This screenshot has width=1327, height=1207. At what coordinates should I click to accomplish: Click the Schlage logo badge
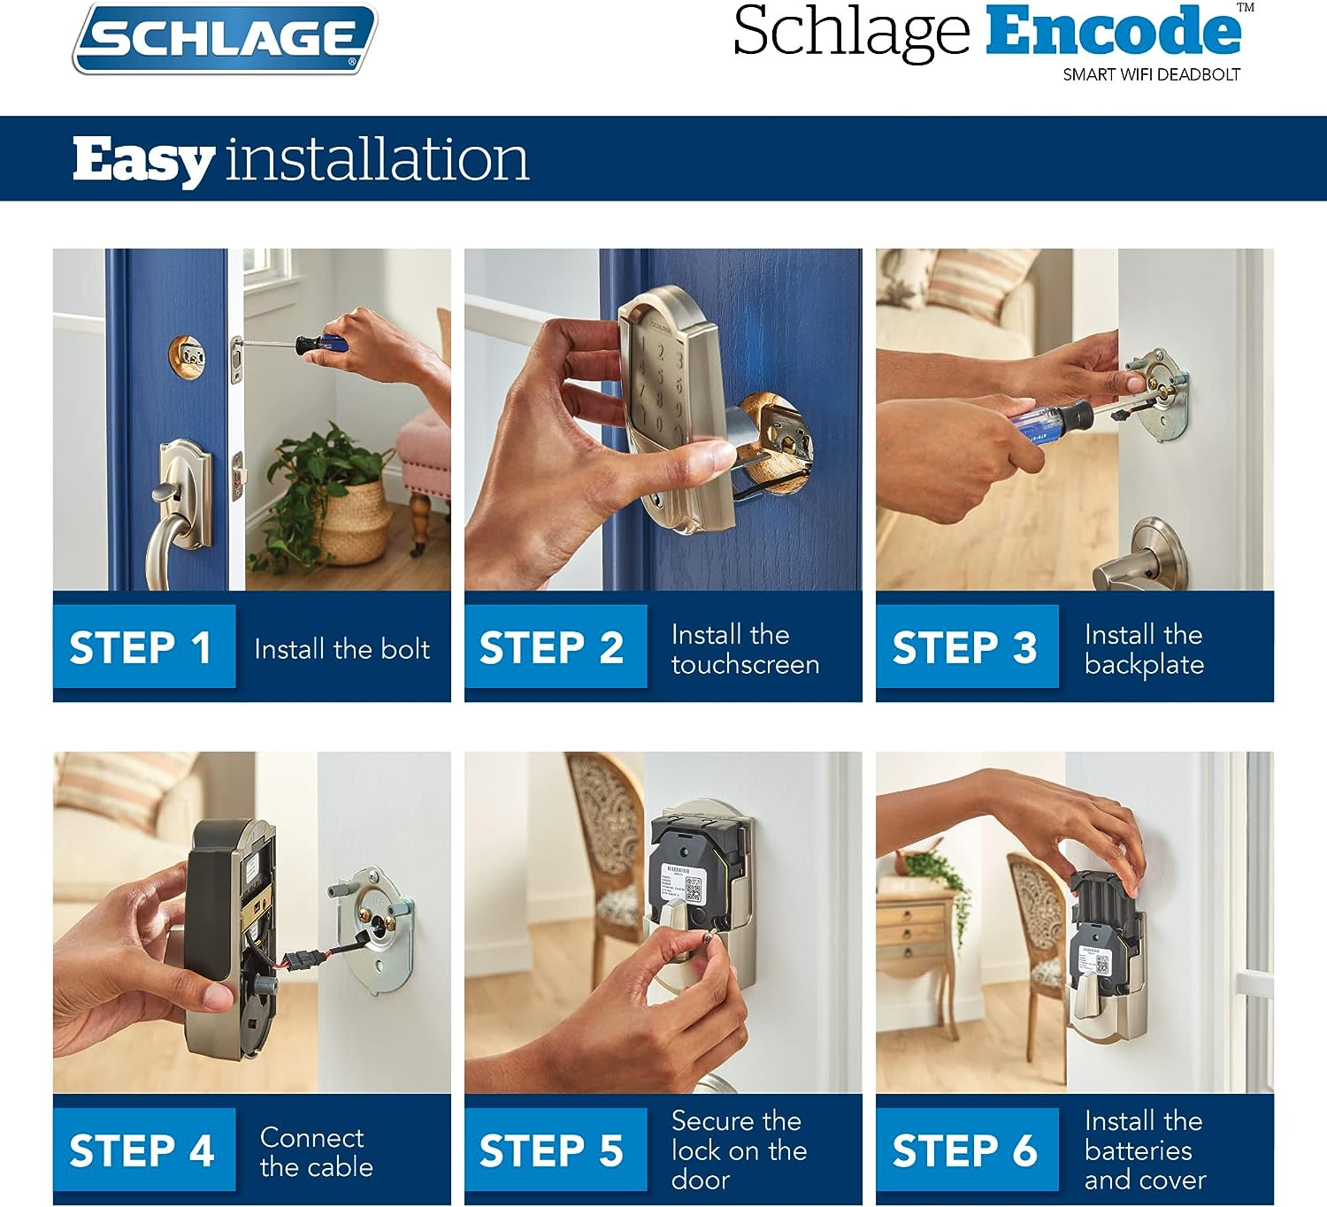coord(225,38)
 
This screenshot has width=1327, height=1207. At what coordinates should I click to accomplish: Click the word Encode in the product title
coord(1113,30)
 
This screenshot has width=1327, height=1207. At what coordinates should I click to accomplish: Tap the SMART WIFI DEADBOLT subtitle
coord(1151,75)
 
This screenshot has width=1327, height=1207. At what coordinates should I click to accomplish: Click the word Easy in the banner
coord(143,161)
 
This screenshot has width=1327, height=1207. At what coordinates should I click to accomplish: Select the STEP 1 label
coord(141,646)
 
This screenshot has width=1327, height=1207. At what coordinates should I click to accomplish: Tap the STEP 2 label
coord(551,646)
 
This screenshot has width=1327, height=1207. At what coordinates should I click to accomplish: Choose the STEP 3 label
coord(964,646)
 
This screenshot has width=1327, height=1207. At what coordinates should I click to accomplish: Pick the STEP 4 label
coord(142,1150)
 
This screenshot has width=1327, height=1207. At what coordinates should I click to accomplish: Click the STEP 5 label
coord(551,1150)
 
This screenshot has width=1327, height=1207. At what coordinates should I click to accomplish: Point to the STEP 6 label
coord(964,1150)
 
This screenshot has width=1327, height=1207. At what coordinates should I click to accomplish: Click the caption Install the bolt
coord(342,649)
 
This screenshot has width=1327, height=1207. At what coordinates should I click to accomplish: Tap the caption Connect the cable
coord(316,1151)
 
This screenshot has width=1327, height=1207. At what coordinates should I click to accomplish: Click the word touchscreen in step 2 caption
coord(746,664)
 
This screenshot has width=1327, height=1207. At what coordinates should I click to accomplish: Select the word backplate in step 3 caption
coord(1145,665)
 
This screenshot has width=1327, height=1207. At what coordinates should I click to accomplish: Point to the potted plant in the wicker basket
coord(324,496)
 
